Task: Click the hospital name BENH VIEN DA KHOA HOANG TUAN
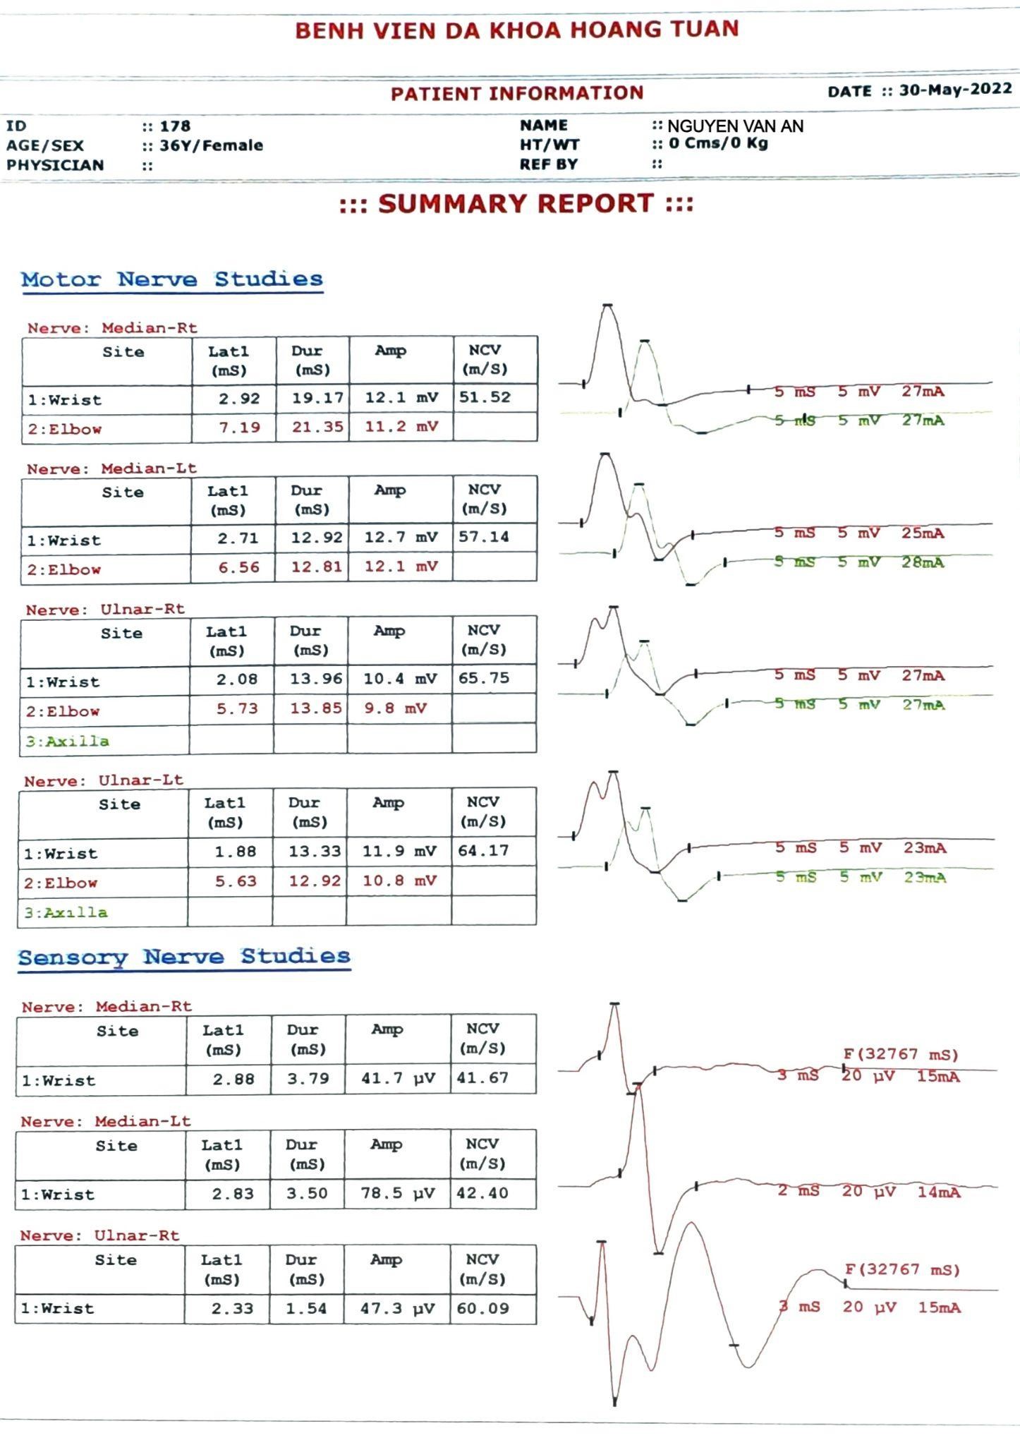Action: [516, 30]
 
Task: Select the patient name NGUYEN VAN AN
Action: [735, 126]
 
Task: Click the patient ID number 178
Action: [175, 126]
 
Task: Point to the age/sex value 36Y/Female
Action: [211, 145]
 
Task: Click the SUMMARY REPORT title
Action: [516, 204]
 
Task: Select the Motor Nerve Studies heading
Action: [172, 279]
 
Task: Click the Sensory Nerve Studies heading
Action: [184, 957]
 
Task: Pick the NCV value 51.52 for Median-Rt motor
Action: [485, 397]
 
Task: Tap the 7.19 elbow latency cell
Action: [239, 427]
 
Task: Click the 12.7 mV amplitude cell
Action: [401, 538]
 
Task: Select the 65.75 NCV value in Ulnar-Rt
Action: [484, 678]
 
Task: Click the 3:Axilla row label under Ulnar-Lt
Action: [66, 912]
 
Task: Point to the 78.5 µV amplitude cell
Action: [398, 1193]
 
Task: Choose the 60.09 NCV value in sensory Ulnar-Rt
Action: [482, 1308]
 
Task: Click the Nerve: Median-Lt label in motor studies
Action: [111, 468]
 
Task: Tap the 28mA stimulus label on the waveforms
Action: [923, 562]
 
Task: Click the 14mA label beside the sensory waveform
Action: [938, 1192]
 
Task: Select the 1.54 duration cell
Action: [306, 1308]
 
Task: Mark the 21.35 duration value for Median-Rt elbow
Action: [317, 427]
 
